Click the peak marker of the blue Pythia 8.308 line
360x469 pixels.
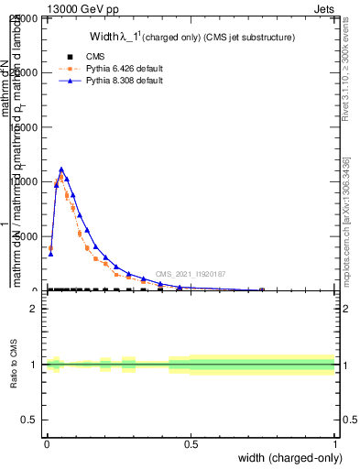coord(61,169)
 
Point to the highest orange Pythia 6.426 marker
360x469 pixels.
coord(61,179)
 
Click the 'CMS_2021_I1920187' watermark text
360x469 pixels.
coord(190,274)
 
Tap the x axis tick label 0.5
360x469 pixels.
coord(191,444)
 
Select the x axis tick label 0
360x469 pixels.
coord(47,444)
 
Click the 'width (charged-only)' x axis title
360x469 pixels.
coord(286,458)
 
